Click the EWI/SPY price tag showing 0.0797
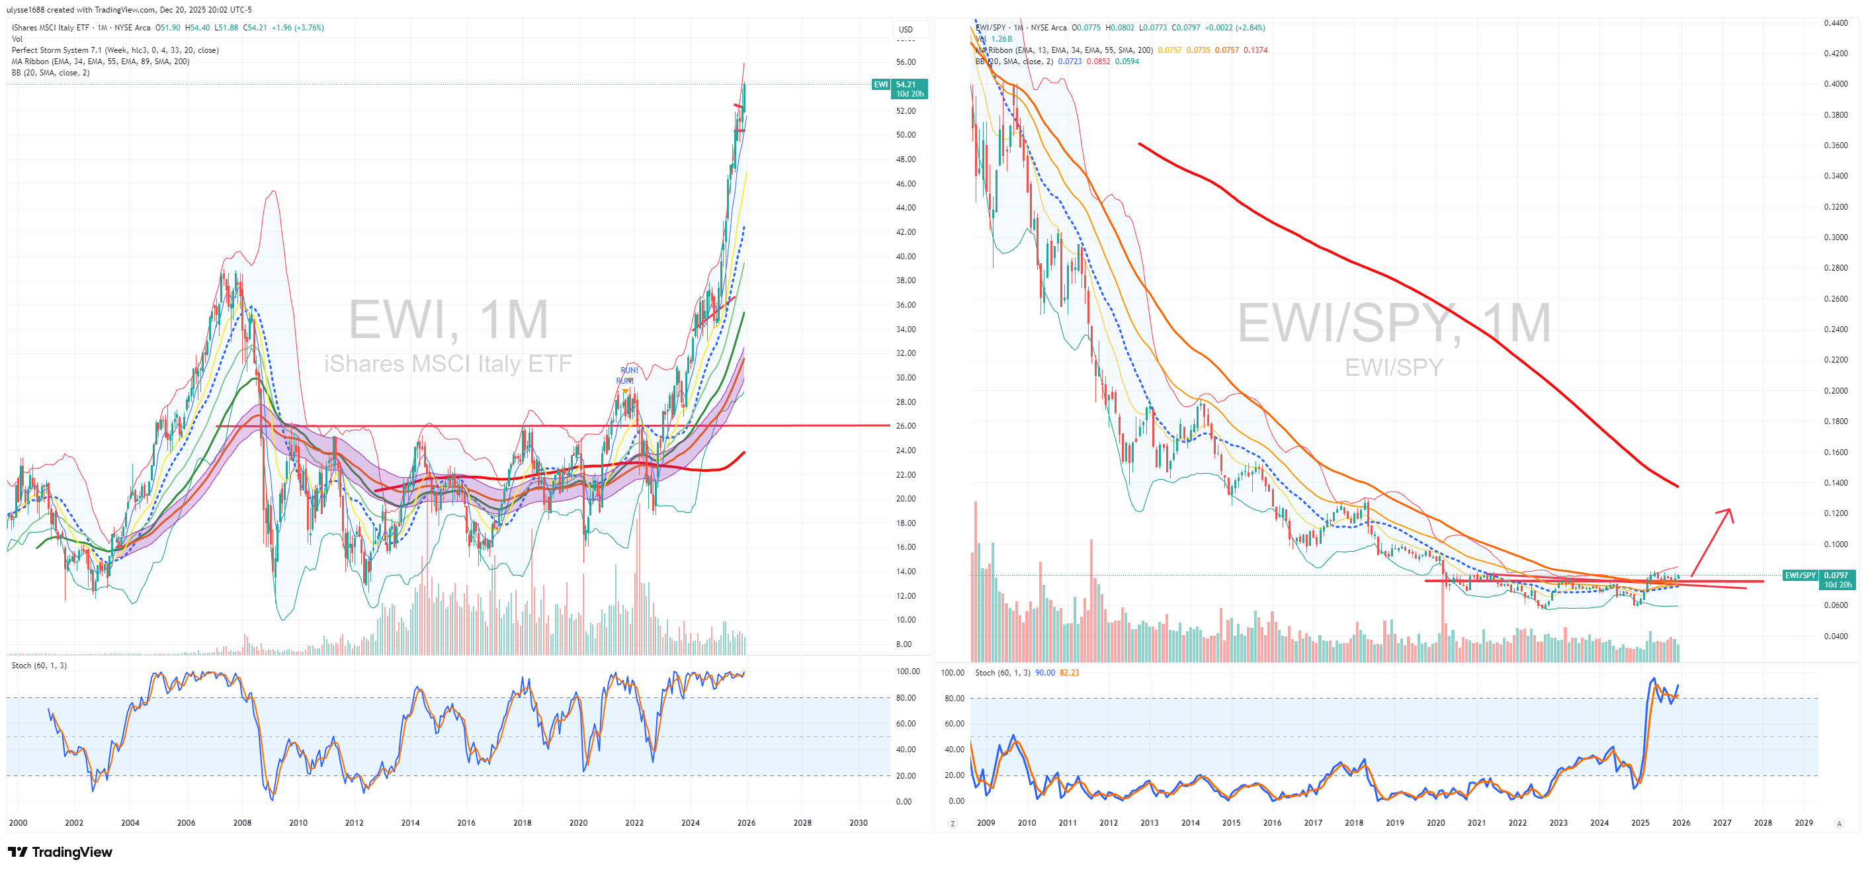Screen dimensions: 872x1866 [x=1836, y=575]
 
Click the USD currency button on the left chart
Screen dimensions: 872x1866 [x=906, y=30]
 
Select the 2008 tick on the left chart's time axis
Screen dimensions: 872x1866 [x=242, y=823]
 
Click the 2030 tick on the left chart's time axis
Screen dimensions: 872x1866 [x=859, y=823]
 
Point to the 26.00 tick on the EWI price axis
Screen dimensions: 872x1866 [x=906, y=426]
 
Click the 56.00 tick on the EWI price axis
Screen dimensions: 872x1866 [x=906, y=62]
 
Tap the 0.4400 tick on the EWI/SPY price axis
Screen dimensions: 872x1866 [x=1836, y=23]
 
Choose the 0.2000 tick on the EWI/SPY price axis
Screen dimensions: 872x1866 [x=1836, y=391]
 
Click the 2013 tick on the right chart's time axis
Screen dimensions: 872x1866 [x=1149, y=823]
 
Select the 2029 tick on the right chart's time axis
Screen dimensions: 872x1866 [x=1804, y=823]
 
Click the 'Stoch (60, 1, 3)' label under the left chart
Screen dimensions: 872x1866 [x=39, y=666]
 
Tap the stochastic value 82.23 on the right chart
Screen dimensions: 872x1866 [x=1069, y=673]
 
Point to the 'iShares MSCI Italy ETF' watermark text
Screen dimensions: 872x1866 [x=448, y=364]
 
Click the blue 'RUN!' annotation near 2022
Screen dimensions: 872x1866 [x=629, y=371]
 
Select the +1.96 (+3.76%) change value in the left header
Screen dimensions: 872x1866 [x=298, y=28]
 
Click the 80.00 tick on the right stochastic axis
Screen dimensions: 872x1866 [x=954, y=698]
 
